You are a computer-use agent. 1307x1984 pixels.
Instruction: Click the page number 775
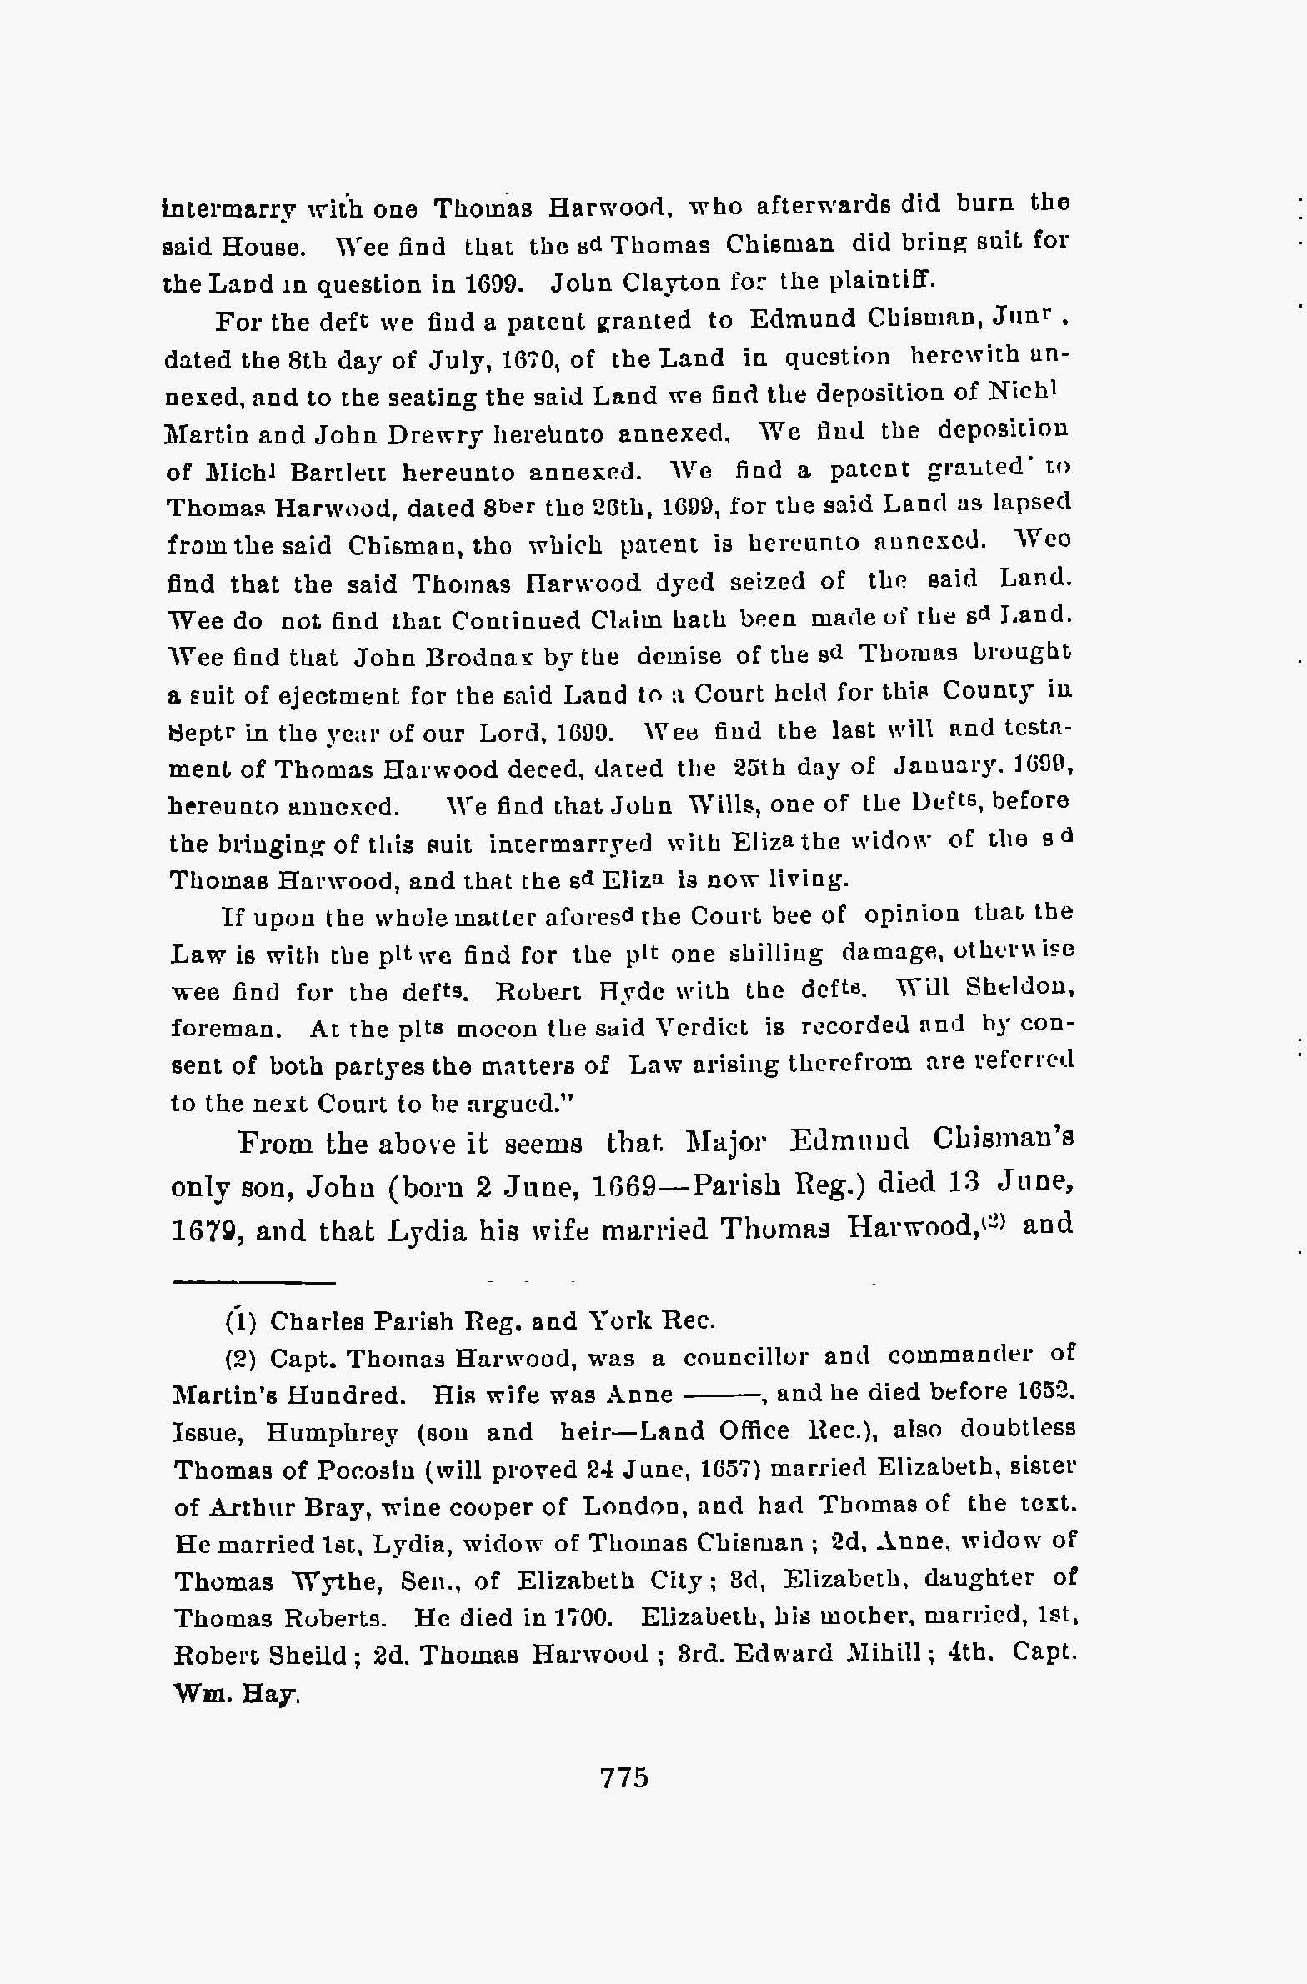[623, 1778]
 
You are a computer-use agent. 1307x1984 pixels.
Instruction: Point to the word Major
[724, 1141]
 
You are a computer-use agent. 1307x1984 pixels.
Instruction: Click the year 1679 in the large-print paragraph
[207, 1232]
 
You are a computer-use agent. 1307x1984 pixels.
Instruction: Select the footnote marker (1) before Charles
[240, 1321]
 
